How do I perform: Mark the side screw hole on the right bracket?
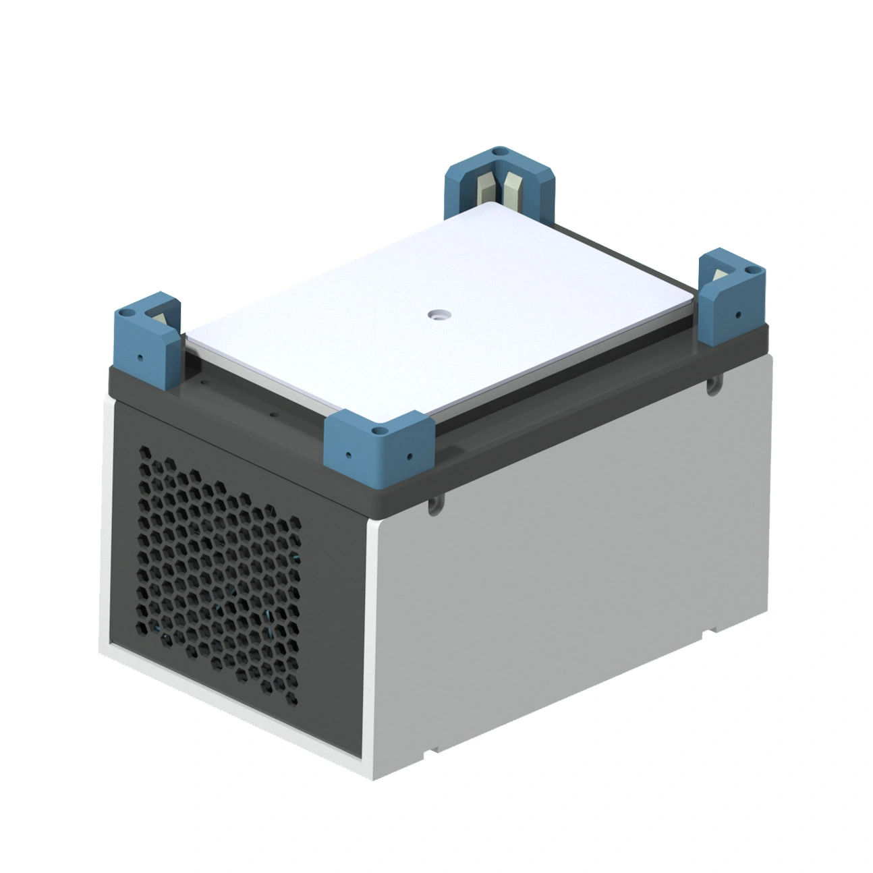pyautogui.click(x=738, y=314)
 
